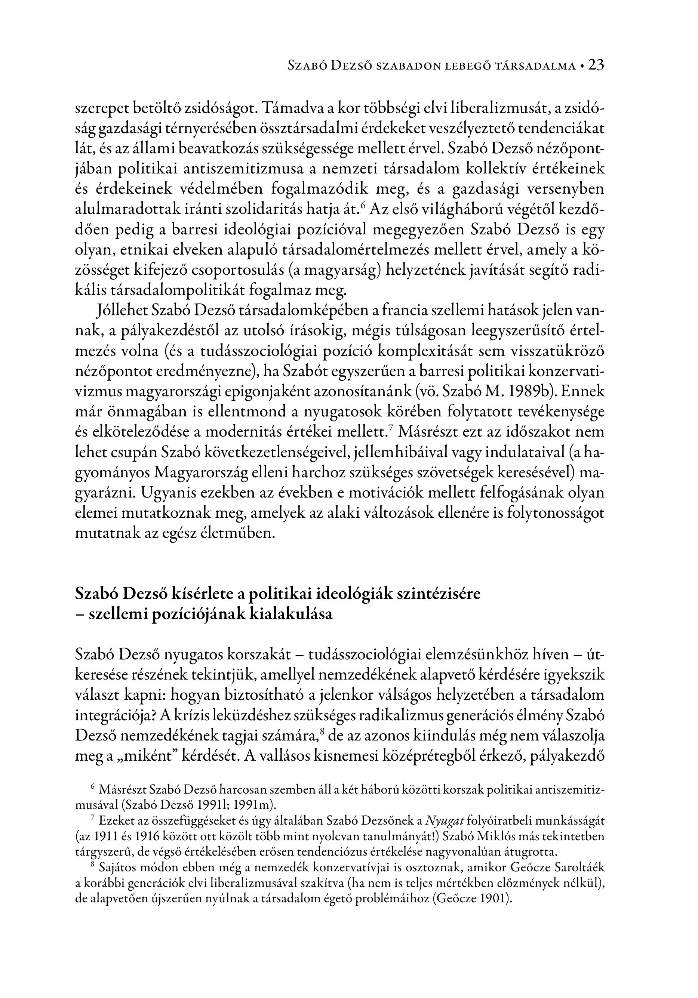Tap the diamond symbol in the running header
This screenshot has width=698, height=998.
(581, 66)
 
